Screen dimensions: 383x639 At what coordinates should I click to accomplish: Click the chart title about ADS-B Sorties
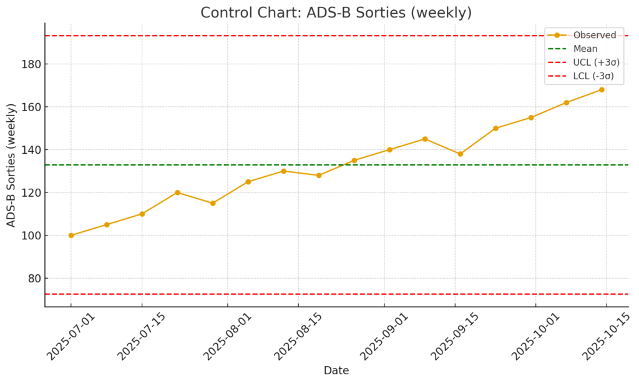click(x=336, y=12)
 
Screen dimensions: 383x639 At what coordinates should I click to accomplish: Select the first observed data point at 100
click(x=71, y=236)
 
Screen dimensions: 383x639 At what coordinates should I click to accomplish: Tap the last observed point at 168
click(x=602, y=89)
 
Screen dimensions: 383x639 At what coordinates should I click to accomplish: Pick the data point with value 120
click(x=177, y=192)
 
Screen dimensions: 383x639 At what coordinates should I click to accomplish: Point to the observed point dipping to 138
click(x=461, y=154)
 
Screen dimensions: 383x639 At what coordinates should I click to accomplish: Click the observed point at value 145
click(x=425, y=139)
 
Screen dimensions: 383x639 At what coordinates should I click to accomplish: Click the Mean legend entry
click(x=585, y=49)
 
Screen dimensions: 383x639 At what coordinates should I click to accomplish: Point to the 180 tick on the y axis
click(x=30, y=64)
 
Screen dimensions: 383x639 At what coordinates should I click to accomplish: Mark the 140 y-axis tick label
click(x=30, y=150)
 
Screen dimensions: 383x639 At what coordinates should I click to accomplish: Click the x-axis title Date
click(x=336, y=371)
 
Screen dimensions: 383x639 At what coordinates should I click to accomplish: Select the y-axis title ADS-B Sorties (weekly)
click(x=11, y=165)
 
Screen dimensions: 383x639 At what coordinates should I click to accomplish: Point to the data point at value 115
click(x=213, y=203)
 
